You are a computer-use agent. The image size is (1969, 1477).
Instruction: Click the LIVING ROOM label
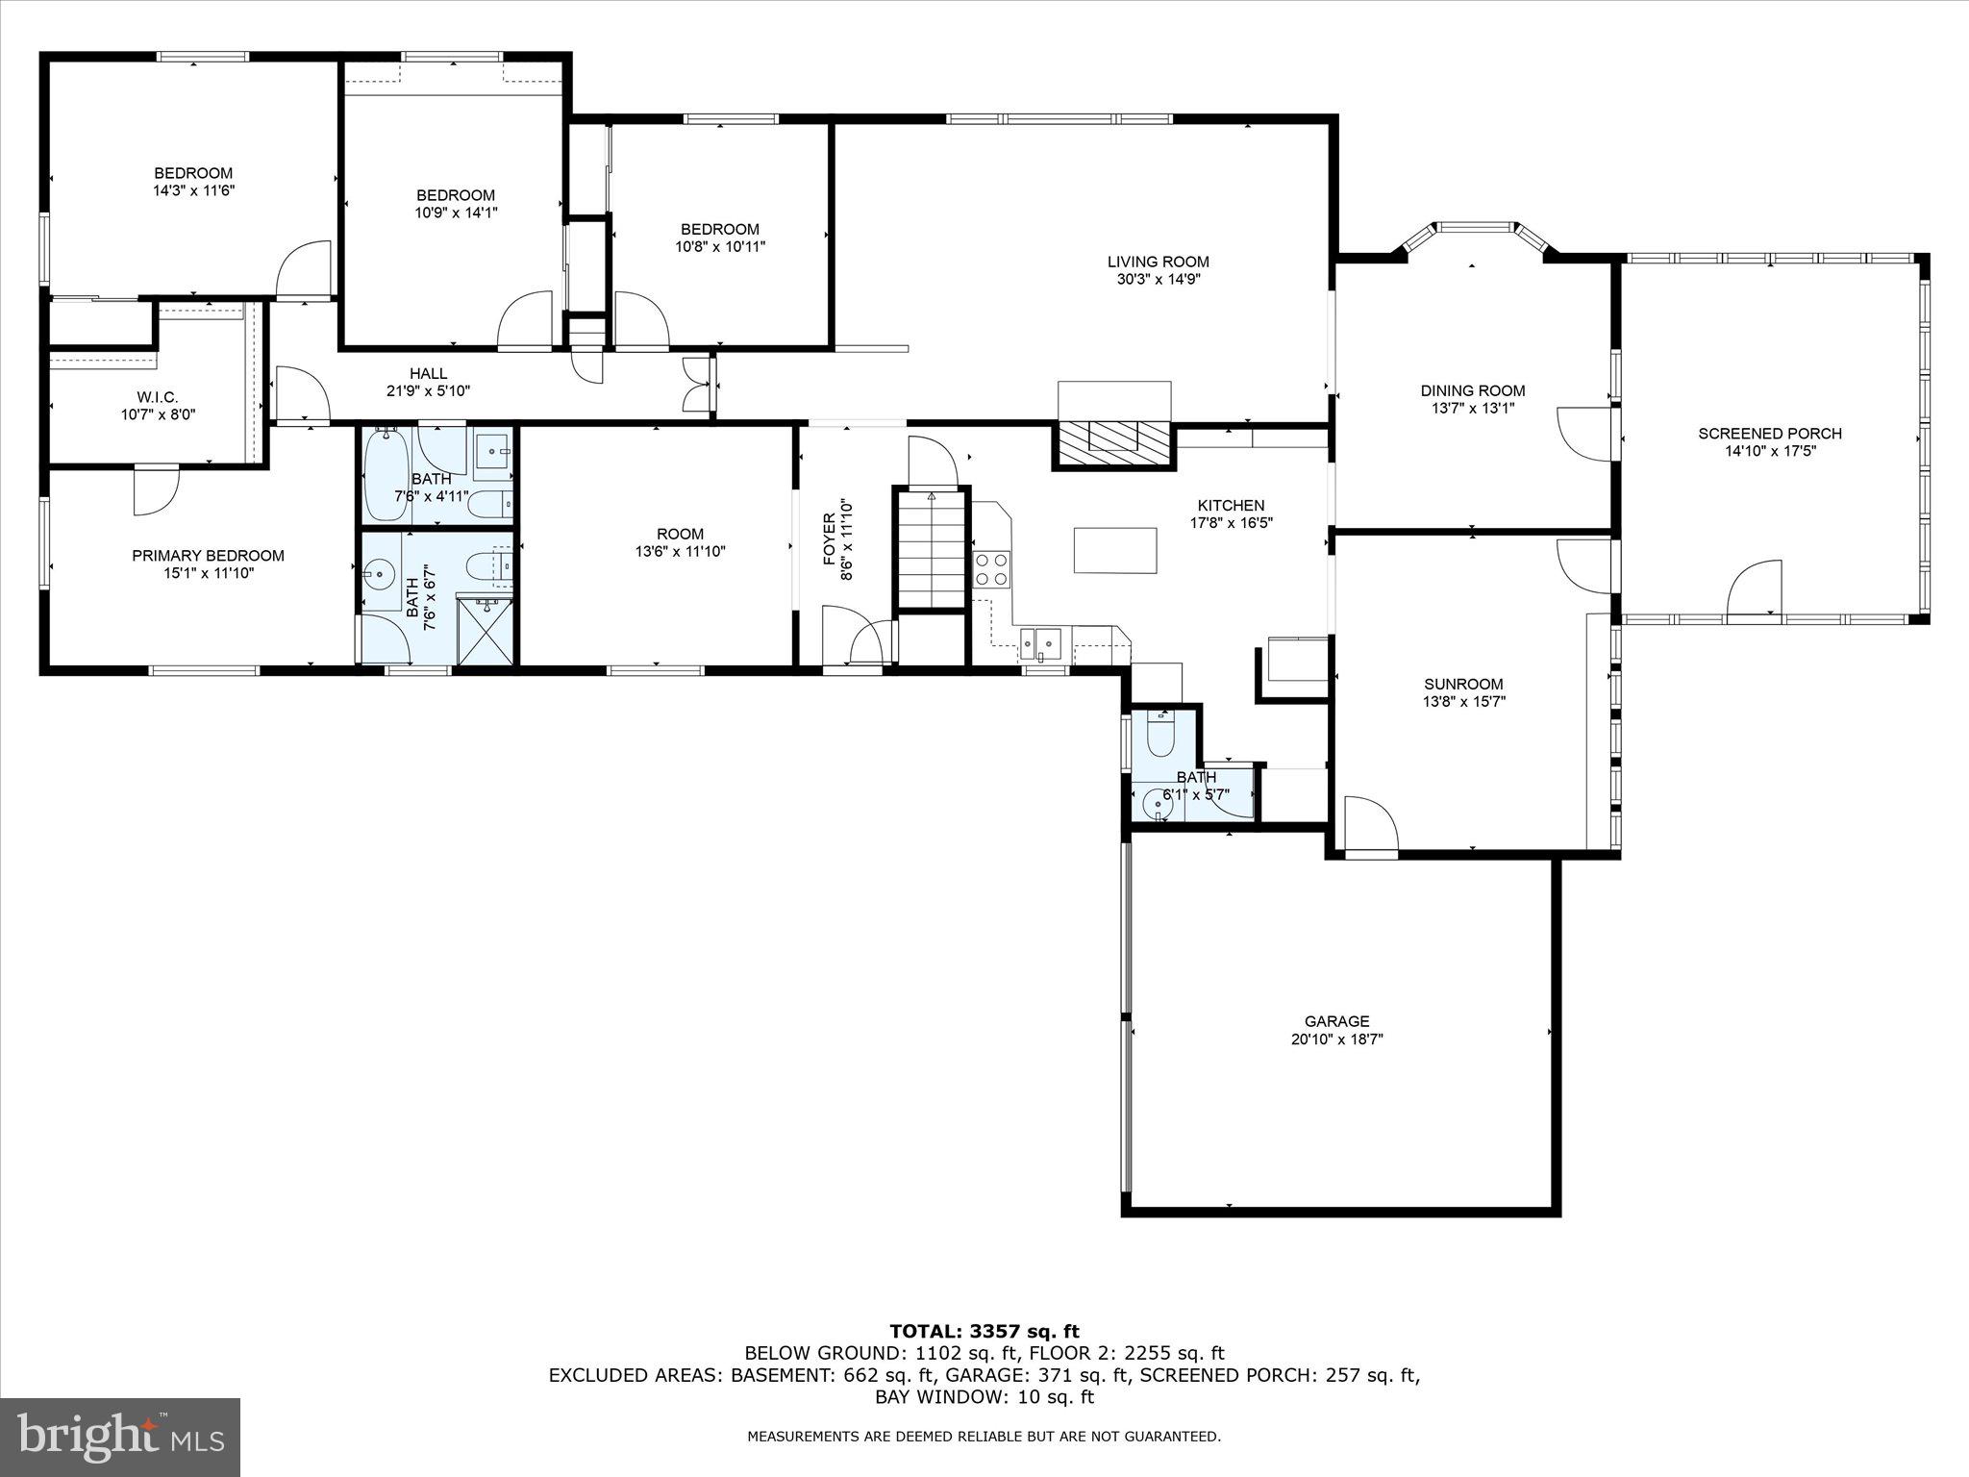1158,262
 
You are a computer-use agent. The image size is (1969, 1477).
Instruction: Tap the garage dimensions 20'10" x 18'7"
1336,1039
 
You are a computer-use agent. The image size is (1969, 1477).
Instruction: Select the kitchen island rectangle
1115,550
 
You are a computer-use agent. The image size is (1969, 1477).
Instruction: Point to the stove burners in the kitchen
992,568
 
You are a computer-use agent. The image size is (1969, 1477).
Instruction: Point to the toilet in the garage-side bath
1161,736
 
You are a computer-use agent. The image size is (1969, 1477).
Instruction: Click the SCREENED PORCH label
1769,434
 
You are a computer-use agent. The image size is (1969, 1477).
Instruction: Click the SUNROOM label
1463,685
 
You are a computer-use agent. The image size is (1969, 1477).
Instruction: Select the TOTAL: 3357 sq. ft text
984,1332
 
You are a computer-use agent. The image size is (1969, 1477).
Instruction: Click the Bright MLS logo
119,1439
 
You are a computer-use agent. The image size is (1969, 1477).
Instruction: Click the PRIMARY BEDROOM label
208,556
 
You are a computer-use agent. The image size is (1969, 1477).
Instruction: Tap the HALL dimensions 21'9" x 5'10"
427,390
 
